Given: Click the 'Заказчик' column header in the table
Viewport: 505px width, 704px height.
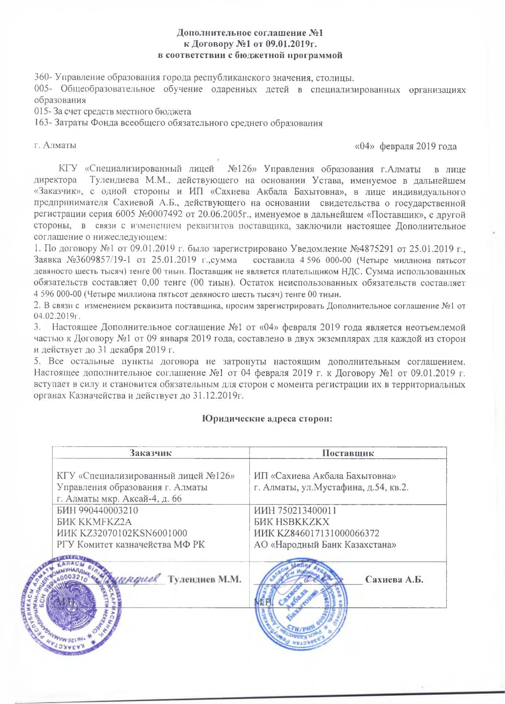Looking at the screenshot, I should (150, 453).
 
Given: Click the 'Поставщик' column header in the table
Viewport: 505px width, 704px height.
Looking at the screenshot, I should (348, 453).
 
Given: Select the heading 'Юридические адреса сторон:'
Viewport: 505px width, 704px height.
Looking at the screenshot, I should (267, 419).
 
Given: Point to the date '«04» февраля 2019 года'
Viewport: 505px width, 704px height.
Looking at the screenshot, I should (406, 147).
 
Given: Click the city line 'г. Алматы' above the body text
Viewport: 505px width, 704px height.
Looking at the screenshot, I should (55, 145).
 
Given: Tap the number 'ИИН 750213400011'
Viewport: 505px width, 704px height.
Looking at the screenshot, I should (295, 510).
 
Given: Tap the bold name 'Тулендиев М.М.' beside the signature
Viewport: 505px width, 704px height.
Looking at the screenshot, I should (205, 579).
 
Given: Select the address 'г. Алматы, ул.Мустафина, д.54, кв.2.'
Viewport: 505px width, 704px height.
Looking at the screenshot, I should (331, 487).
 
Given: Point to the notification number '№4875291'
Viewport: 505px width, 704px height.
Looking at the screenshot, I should (372, 249).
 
